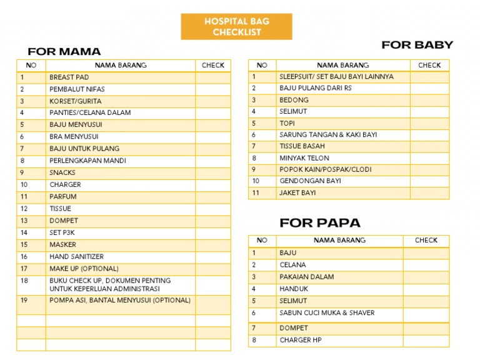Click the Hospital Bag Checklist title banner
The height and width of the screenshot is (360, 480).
tap(236, 27)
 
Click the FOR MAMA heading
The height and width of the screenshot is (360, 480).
tap(64, 51)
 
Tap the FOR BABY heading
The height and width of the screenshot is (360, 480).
tap(417, 44)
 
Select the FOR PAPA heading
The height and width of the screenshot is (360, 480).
tap(319, 222)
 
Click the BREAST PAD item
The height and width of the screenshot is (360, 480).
tap(69, 77)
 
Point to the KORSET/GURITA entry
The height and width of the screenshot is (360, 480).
tap(75, 101)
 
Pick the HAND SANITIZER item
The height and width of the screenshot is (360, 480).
tap(76, 257)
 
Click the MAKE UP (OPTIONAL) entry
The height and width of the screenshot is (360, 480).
tap(84, 269)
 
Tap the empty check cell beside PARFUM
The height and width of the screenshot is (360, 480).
tap(212, 197)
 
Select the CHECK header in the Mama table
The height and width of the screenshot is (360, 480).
tap(213, 65)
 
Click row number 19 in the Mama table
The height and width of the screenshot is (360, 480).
tap(24, 300)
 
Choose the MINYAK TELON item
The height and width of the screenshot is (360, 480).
tap(304, 158)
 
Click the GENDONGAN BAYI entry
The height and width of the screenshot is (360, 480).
tap(310, 181)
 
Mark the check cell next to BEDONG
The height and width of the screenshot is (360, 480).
tap(429, 100)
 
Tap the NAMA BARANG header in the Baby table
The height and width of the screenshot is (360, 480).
tap(342, 65)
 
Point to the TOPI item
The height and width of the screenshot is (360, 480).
tap(287, 123)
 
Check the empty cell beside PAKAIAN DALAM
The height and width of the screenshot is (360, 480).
tap(426, 277)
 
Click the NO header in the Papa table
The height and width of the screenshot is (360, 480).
tap(262, 240)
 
